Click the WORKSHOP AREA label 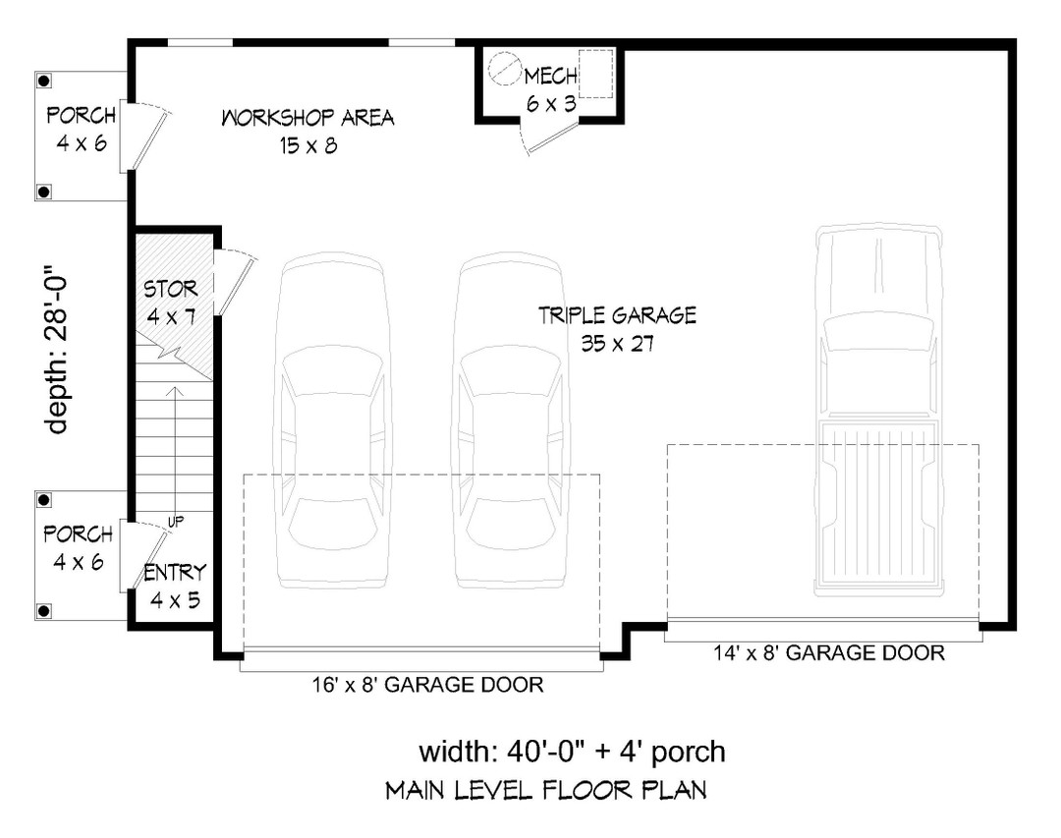point(307,119)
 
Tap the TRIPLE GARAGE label point(617,315)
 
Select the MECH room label point(549,77)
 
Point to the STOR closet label point(171,290)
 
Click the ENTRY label point(175,574)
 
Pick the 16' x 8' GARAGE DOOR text point(422,685)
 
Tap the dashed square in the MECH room point(595,74)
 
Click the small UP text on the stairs point(175,521)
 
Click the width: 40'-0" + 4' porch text point(573,753)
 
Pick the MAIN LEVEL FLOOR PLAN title point(545,790)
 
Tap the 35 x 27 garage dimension point(617,344)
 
